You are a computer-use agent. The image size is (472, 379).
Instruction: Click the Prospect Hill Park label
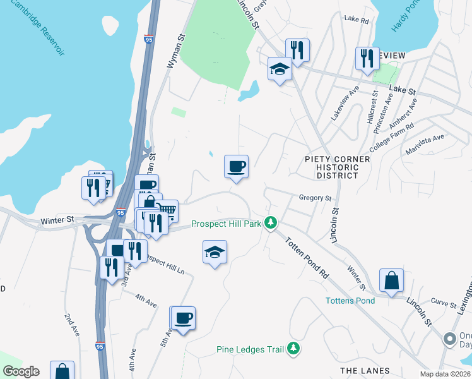click(x=227, y=224)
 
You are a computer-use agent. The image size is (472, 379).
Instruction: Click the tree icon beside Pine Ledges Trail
click(x=293, y=348)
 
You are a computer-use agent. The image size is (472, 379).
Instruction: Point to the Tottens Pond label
click(x=350, y=300)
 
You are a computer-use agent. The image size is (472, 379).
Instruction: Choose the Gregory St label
click(x=315, y=198)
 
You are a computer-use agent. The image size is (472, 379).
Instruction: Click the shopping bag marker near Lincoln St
click(x=391, y=280)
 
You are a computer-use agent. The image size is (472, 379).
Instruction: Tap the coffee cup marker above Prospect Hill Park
click(x=237, y=167)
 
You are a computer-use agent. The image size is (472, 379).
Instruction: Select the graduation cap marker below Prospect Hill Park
click(x=215, y=252)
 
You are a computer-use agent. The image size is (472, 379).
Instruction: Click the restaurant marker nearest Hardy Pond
click(x=367, y=59)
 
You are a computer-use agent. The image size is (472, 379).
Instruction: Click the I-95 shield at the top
click(x=149, y=39)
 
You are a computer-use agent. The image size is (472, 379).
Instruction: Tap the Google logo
click(x=21, y=371)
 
